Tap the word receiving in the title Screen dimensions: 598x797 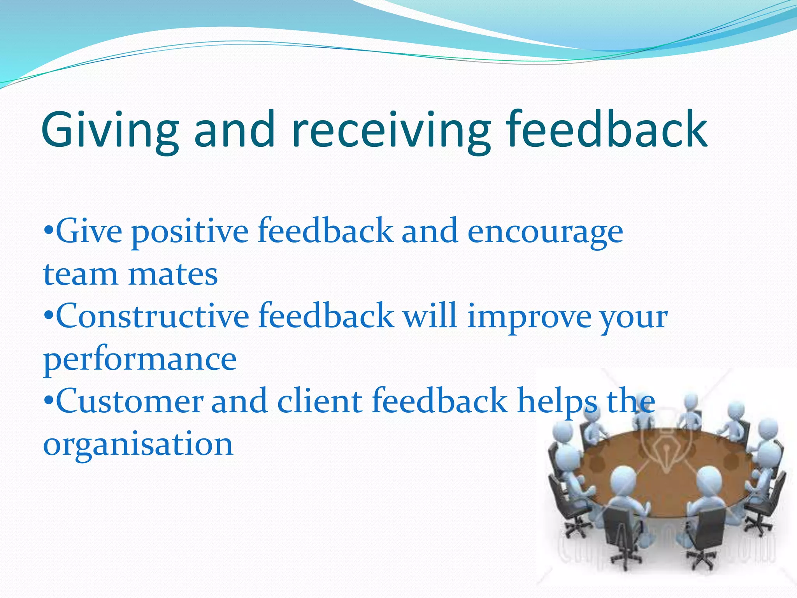pos(391,130)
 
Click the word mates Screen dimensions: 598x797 pos(173,274)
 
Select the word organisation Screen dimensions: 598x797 pos(138,445)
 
